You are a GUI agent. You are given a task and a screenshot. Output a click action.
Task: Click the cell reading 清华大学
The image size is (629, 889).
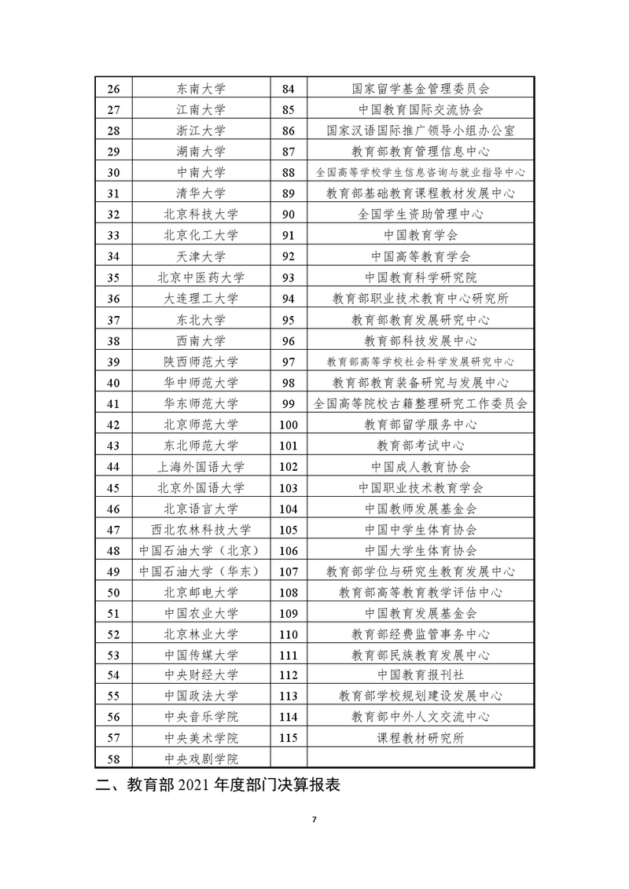click(x=201, y=193)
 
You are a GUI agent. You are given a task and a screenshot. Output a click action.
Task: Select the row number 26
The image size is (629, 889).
click(x=112, y=88)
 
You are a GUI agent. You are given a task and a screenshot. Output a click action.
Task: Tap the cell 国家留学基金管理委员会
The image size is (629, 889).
click(x=420, y=88)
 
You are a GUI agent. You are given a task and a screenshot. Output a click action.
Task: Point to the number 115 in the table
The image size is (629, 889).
click(x=289, y=738)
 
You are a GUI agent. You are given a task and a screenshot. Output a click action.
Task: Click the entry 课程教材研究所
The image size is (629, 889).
click(x=420, y=738)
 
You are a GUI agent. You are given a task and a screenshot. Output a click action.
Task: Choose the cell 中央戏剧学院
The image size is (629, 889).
click(x=201, y=759)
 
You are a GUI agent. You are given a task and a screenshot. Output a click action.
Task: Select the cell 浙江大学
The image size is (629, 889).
click(x=201, y=130)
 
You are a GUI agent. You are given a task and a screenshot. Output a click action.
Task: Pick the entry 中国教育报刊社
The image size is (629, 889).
click(x=420, y=675)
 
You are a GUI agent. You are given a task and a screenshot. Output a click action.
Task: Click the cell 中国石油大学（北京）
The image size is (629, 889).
click(x=201, y=550)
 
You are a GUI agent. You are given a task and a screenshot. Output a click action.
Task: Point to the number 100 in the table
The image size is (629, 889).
click(x=289, y=425)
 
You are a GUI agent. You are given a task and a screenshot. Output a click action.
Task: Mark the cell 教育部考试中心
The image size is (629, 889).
click(x=420, y=446)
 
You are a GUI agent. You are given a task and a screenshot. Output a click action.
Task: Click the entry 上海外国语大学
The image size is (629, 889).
click(x=201, y=467)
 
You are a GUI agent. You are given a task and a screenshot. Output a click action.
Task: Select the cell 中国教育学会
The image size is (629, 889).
click(x=420, y=234)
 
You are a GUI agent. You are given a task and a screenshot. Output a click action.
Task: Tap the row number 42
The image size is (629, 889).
click(x=112, y=425)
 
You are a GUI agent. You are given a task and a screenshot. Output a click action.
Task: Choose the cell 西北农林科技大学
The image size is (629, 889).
click(x=201, y=529)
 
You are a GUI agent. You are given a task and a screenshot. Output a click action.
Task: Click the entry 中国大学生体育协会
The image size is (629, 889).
click(x=420, y=550)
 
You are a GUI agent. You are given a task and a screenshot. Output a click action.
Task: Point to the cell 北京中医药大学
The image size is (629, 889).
click(x=201, y=277)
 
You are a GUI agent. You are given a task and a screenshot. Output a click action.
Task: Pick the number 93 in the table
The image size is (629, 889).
click(x=289, y=277)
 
